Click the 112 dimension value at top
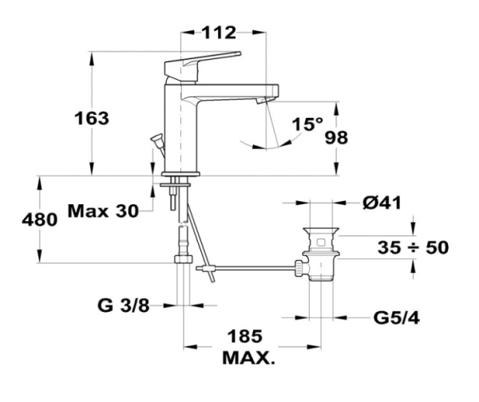pyautogui.click(x=219, y=33)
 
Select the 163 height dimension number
pyautogui.click(x=92, y=118)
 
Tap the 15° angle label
pyautogui.click(x=307, y=124)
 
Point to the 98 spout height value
pyautogui.click(x=336, y=137)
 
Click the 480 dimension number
pyautogui.click(x=40, y=219)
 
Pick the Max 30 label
pyautogui.click(x=103, y=211)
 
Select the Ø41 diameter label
pyautogui.click(x=382, y=203)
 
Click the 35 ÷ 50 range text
pyautogui.click(x=414, y=247)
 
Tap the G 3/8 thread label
pyautogui.click(x=124, y=305)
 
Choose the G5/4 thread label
pyautogui.click(x=397, y=318)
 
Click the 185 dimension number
pyautogui.click(x=245, y=336)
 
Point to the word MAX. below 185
pyautogui.click(x=248, y=357)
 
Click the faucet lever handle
pyautogui.click(x=202, y=63)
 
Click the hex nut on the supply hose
pyautogui.click(x=184, y=259)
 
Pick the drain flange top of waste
pyautogui.click(x=320, y=231)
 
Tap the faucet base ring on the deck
pyautogui.click(x=180, y=174)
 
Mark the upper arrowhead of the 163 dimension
pyautogui.click(x=91, y=58)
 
